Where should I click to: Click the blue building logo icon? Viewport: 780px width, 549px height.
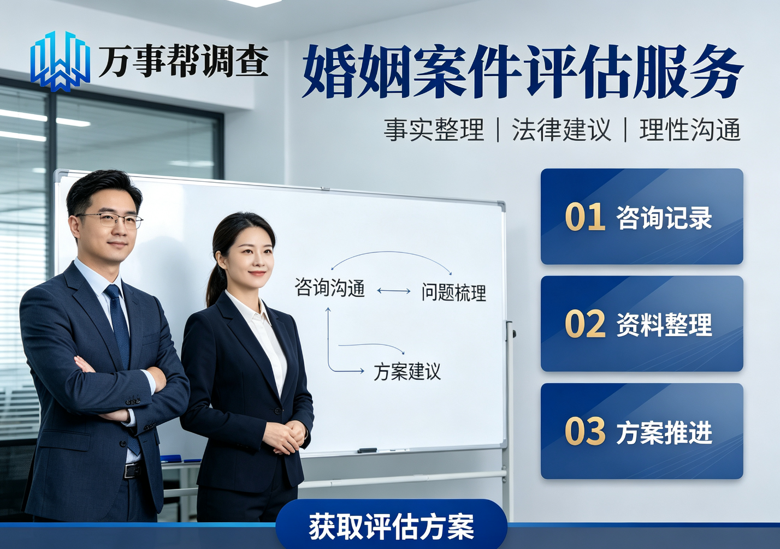60,61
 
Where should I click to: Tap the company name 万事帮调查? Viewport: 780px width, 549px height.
184,61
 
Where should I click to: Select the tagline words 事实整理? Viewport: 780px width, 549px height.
434,130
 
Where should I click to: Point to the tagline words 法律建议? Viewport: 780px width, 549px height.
562,130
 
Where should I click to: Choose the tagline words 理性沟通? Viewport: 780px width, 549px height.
690,130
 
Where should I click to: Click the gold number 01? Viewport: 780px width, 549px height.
585,217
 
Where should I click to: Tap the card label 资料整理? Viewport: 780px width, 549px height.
664,325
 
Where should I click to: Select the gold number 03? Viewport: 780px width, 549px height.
585,432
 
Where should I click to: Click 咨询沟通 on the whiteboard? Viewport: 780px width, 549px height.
330,288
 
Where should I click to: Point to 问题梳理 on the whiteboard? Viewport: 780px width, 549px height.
454,293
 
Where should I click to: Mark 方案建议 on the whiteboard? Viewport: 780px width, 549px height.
407,372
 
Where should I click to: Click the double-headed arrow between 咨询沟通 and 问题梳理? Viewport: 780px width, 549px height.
394,291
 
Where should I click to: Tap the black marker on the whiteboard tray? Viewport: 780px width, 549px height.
367,451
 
